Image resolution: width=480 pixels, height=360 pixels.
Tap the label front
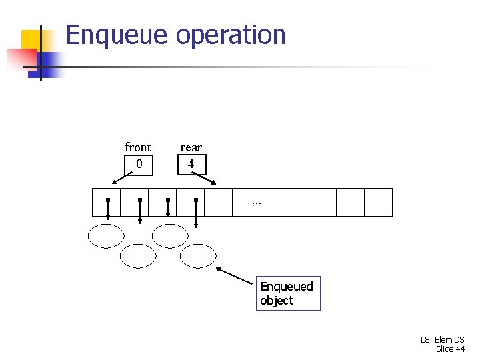coord(137,147)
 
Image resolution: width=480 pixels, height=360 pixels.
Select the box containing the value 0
coord(139,164)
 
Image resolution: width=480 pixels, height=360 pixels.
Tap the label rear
coord(191,147)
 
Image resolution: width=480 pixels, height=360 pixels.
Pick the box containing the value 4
coord(191,164)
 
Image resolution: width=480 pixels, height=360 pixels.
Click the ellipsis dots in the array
coord(257,201)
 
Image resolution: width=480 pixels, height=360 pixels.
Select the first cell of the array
coord(106,202)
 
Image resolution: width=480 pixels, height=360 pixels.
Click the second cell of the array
coord(134,202)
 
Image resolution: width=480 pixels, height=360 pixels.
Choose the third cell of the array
coord(162,202)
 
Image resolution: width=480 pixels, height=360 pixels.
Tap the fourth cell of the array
coord(190,202)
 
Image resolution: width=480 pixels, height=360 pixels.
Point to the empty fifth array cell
coord(218,202)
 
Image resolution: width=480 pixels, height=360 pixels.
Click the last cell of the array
coord(378,202)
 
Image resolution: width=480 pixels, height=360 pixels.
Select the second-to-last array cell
coord(350,202)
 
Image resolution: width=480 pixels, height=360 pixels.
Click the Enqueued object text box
coord(289,293)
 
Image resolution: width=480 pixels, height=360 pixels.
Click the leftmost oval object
coord(107,235)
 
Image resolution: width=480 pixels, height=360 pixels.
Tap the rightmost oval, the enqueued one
coord(199,255)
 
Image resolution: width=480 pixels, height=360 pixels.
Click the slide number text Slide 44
coord(450,349)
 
